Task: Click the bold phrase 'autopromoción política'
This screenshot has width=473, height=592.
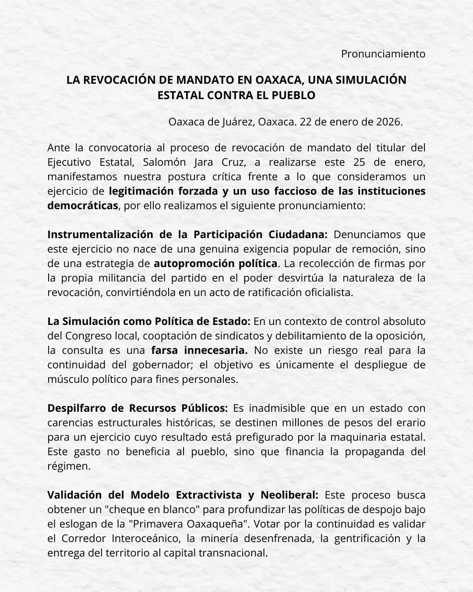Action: (215, 264)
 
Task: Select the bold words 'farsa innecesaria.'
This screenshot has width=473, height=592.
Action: (199, 350)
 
